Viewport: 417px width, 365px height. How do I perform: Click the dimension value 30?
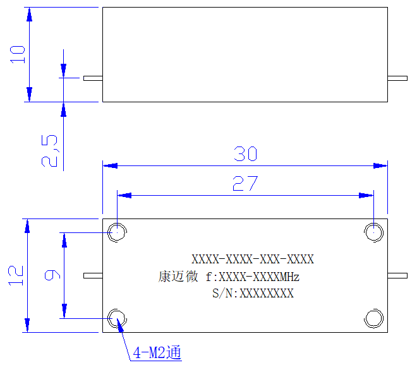pos(246,153)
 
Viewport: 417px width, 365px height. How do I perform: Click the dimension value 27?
pos(245,183)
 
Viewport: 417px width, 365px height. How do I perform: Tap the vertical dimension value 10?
pos(18,54)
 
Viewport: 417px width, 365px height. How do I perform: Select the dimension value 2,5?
pos(49,151)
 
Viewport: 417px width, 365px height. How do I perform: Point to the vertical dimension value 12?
pos(16,275)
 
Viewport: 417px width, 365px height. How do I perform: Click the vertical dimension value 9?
pos(52,275)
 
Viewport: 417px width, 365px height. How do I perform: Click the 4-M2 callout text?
pos(157,352)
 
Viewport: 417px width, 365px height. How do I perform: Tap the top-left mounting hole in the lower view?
pos(117,232)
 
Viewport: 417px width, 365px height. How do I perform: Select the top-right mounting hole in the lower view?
pos(373,232)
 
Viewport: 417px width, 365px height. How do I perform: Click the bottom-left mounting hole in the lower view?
pos(117,318)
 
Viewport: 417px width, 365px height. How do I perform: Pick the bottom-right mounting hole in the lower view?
pos(373,318)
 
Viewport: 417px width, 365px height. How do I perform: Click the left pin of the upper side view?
pos(93,78)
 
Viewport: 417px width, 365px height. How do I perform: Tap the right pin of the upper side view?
pos(397,78)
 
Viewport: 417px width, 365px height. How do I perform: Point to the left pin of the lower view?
pos(93,275)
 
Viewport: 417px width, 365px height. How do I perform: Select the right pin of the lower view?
pos(397,275)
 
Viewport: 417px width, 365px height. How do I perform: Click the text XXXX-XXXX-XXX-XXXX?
pos(253,259)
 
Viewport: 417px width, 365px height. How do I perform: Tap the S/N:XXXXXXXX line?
pos(253,294)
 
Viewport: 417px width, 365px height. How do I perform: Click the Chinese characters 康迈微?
pos(178,276)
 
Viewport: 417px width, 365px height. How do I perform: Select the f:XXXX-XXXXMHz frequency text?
pos(253,277)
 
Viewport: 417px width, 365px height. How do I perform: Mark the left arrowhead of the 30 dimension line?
pos(110,165)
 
